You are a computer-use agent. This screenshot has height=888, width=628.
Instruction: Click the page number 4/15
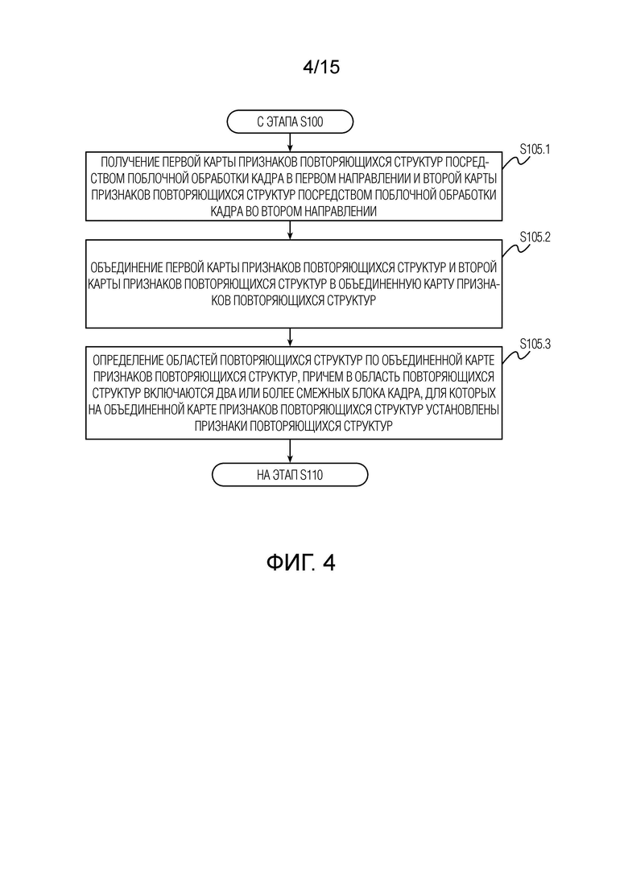(x=321, y=68)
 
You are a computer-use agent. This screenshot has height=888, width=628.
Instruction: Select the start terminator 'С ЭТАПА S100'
(x=290, y=122)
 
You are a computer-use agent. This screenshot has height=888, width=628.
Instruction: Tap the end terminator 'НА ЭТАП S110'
(x=290, y=474)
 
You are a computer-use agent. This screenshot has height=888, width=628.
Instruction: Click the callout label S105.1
(x=535, y=150)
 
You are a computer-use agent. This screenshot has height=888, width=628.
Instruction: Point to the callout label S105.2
(x=535, y=237)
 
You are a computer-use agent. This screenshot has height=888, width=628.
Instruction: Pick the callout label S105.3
(x=535, y=344)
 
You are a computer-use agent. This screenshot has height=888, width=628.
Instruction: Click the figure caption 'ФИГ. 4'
(x=300, y=563)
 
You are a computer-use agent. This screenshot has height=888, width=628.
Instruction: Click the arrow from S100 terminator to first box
(x=290, y=142)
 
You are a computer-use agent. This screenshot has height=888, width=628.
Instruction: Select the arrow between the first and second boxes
(x=290, y=230)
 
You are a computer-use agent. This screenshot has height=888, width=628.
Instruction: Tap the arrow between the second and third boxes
(x=290, y=337)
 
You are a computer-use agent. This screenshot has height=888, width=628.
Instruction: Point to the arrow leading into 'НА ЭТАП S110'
(x=290, y=452)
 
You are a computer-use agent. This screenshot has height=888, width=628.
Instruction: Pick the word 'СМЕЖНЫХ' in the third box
(x=307, y=393)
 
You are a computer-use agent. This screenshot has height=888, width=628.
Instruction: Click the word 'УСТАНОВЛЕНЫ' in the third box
(x=464, y=410)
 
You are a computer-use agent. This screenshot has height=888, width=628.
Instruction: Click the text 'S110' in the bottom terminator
(x=312, y=475)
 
